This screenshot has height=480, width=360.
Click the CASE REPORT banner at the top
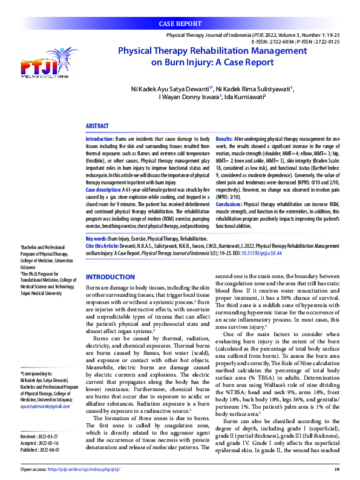coord(180,24)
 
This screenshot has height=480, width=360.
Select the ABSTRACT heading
coord(97,126)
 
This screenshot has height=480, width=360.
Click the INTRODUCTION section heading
coord(110,276)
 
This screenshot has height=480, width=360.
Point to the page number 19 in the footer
coord(337,469)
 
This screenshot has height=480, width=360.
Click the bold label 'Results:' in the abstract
coord(224,139)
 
